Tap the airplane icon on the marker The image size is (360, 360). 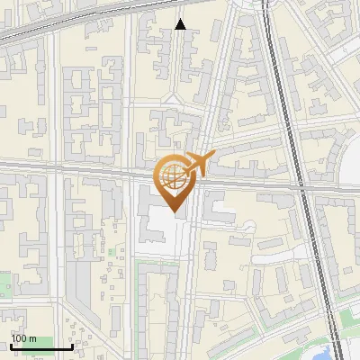point(200,164)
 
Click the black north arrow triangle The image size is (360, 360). point(181,24)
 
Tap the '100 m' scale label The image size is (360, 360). point(24,338)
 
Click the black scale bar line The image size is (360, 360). point(41,347)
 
